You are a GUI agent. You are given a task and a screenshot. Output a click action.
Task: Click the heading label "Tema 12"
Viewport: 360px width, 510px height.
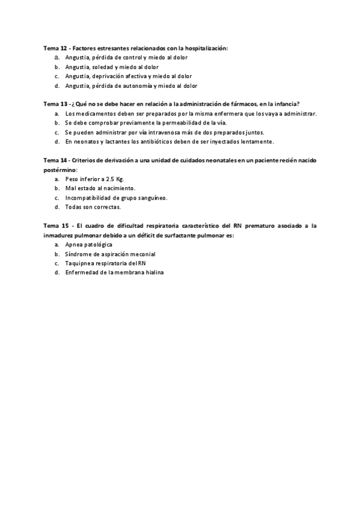[x=55, y=48]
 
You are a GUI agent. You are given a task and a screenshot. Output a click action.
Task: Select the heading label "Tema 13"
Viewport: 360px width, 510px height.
[x=55, y=103]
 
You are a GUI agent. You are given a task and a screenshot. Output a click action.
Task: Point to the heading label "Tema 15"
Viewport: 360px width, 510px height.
[x=55, y=226]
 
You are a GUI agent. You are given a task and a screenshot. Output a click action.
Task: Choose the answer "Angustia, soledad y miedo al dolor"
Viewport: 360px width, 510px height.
[x=112, y=67]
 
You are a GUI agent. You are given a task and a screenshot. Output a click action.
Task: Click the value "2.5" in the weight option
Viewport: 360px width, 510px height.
[x=110, y=179]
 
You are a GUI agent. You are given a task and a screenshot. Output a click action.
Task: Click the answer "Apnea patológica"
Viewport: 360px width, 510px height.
[x=89, y=245]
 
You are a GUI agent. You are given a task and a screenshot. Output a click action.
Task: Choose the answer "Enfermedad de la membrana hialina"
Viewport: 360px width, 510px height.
[x=114, y=273]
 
